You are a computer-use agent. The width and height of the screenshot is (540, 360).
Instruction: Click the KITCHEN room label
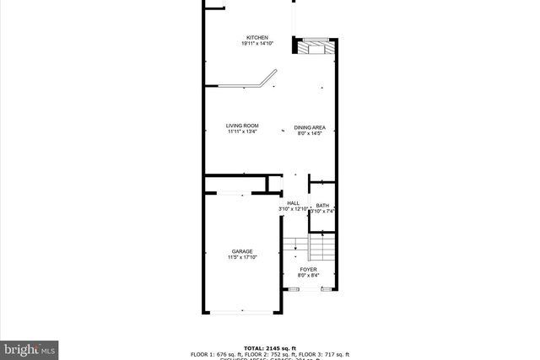pyautogui.click(x=257, y=38)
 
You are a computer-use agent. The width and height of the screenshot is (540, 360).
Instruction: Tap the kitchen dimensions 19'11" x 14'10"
pyautogui.click(x=257, y=45)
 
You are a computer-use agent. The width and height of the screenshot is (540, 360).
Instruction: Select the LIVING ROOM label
pyautogui.click(x=242, y=126)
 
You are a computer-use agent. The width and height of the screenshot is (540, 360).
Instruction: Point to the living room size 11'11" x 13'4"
pyautogui.click(x=242, y=132)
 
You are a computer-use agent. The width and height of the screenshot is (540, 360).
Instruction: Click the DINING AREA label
pyautogui.click(x=310, y=127)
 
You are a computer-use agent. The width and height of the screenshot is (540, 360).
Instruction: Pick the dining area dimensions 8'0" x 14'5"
pyautogui.click(x=310, y=133)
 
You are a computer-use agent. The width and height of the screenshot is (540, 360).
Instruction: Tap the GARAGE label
pyautogui.click(x=242, y=251)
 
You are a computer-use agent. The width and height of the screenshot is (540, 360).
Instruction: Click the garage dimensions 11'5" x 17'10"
pyautogui.click(x=242, y=257)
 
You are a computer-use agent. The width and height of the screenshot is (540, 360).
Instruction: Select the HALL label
pyautogui.click(x=293, y=203)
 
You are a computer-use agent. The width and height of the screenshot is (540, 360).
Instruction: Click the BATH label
pyautogui.click(x=322, y=207)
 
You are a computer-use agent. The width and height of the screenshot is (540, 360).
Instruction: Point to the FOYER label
pyautogui.click(x=308, y=269)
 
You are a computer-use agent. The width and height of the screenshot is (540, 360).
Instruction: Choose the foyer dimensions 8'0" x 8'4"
pyautogui.click(x=308, y=275)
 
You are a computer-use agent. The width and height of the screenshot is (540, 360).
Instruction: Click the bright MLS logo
pyautogui.click(x=30, y=347)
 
